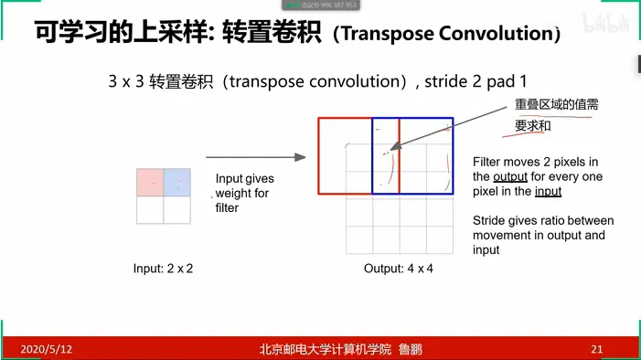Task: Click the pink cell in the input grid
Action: coord(150,182)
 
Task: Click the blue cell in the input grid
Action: coord(177,182)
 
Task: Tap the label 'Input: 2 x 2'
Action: coord(163,269)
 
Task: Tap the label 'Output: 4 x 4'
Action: coord(398,269)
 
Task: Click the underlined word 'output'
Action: coord(510,177)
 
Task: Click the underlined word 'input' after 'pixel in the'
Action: coord(549,192)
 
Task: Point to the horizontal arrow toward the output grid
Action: coord(256,157)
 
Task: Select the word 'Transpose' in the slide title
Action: coord(388,34)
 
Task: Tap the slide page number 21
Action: coord(596,349)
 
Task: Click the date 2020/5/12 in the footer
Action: coord(47,349)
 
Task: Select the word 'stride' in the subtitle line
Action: coord(445,81)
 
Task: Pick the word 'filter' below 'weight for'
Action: coord(227,208)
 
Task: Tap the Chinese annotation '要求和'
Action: coord(533,126)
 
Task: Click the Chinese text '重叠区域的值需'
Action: coord(556,104)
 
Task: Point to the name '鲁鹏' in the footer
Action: coord(411,349)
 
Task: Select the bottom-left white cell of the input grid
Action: coord(150,209)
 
